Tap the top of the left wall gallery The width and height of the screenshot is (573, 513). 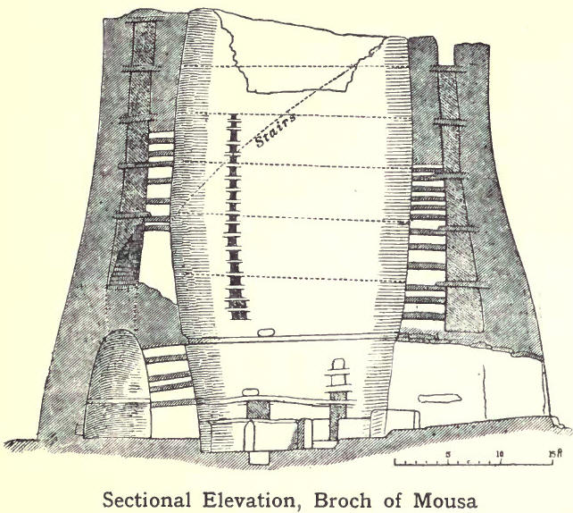(143, 22)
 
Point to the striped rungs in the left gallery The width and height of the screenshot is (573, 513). (158, 179)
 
